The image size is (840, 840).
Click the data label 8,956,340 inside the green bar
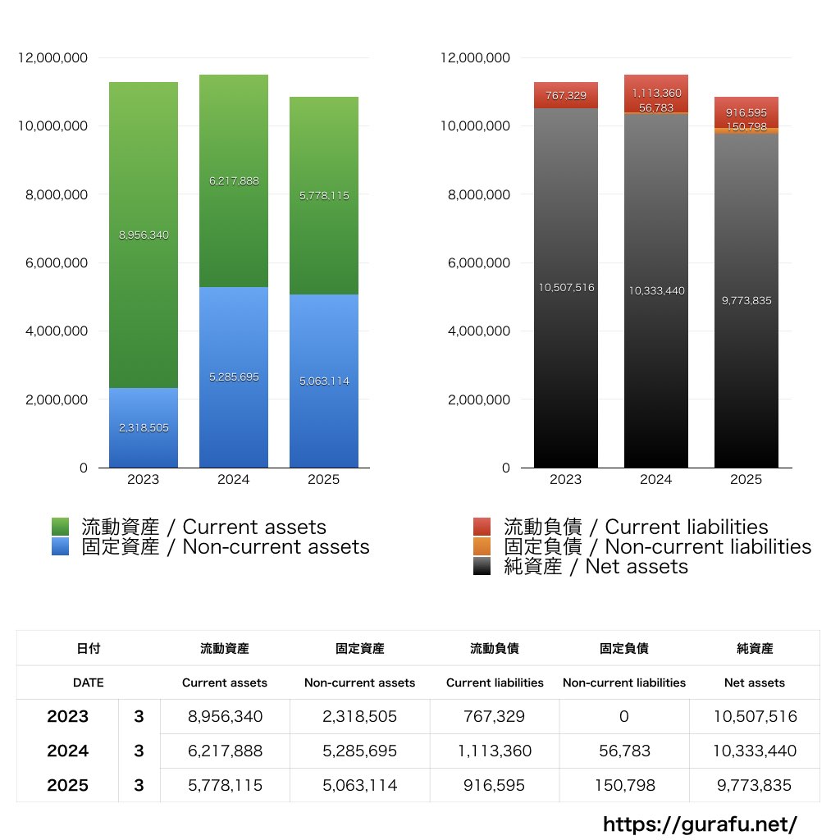144,235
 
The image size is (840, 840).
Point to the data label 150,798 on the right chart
746,126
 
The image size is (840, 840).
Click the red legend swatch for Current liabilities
482,527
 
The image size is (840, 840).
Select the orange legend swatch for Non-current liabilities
482,547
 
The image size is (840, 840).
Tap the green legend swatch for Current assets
60,527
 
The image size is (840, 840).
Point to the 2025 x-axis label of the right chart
746,480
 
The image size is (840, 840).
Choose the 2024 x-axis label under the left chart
234,480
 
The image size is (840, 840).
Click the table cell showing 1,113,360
495,751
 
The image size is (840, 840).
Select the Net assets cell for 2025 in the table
755,785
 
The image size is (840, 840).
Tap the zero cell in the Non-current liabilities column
624,716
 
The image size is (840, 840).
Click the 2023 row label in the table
67,716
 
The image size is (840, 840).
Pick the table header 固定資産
359,648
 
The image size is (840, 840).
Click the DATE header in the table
88,682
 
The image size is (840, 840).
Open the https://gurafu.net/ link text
700,824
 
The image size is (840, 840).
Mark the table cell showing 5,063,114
359,785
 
